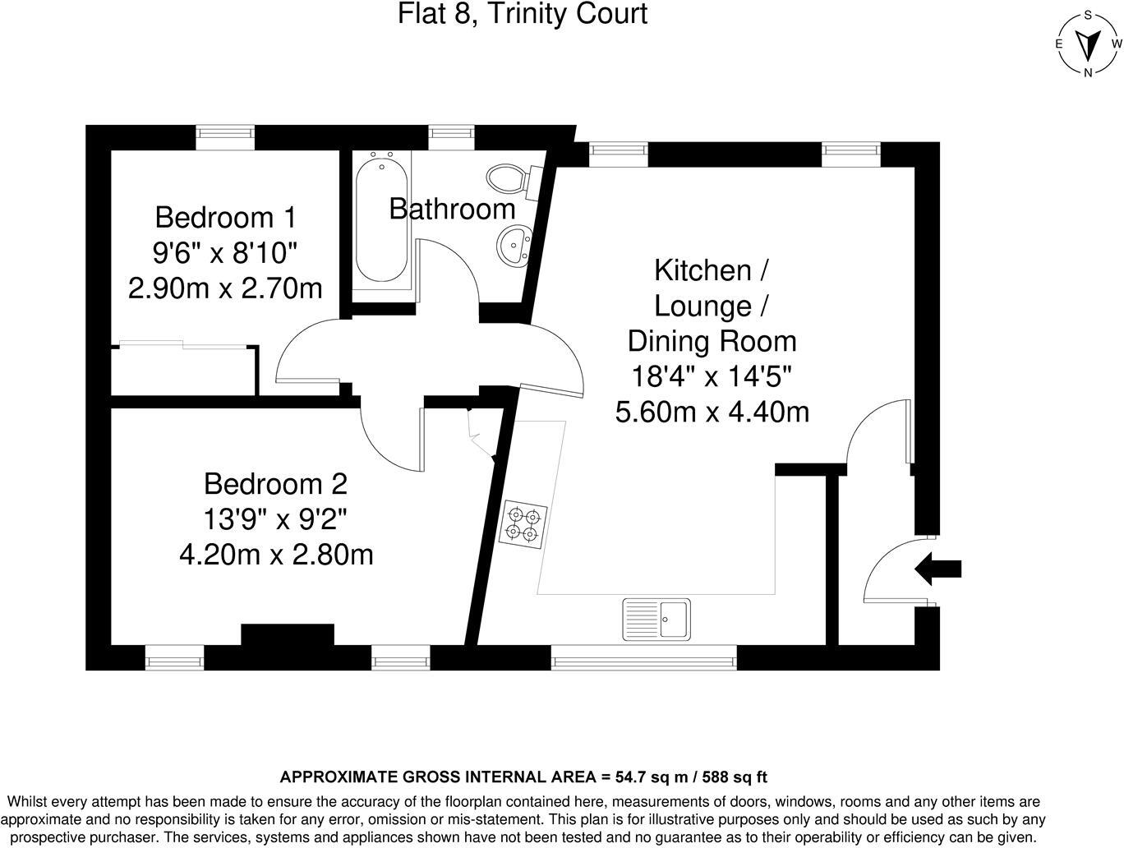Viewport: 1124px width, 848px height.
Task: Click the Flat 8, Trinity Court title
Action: point(523,14)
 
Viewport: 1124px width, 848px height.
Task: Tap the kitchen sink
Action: point(656,618)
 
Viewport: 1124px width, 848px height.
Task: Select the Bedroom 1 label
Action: point(224,218)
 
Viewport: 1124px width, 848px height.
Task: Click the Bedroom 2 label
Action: point(275,483)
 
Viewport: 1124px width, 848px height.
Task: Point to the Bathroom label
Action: point(452,209)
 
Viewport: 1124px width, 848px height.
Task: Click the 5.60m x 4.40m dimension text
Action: point(712,412)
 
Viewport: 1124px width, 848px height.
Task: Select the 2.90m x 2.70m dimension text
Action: point(224,288)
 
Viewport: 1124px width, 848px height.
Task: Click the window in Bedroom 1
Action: point(224,137)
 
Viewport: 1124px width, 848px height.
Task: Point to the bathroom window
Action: point(452,137)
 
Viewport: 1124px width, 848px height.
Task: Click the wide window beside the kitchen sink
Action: point(643,657)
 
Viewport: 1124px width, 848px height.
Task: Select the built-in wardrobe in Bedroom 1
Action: point(185,371)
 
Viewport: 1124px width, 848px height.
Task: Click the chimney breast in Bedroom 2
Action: point(288,635)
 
